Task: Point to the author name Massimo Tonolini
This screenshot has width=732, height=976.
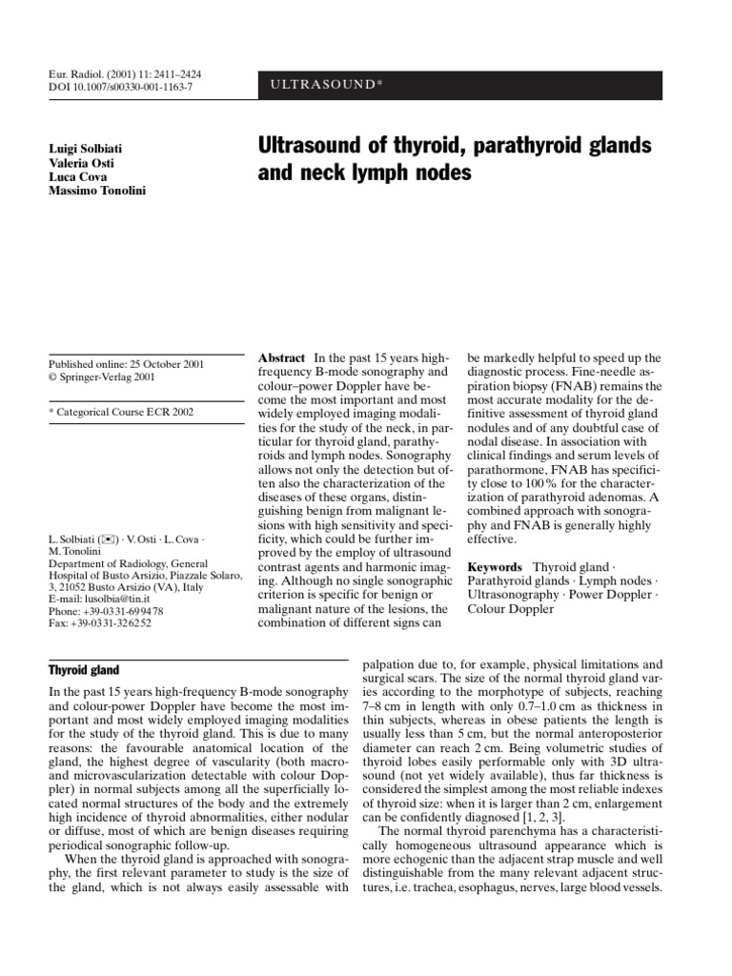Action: point(97,193)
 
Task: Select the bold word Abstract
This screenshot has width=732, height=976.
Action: point(284,356)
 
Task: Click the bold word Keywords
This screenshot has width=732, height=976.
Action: point(495,566)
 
